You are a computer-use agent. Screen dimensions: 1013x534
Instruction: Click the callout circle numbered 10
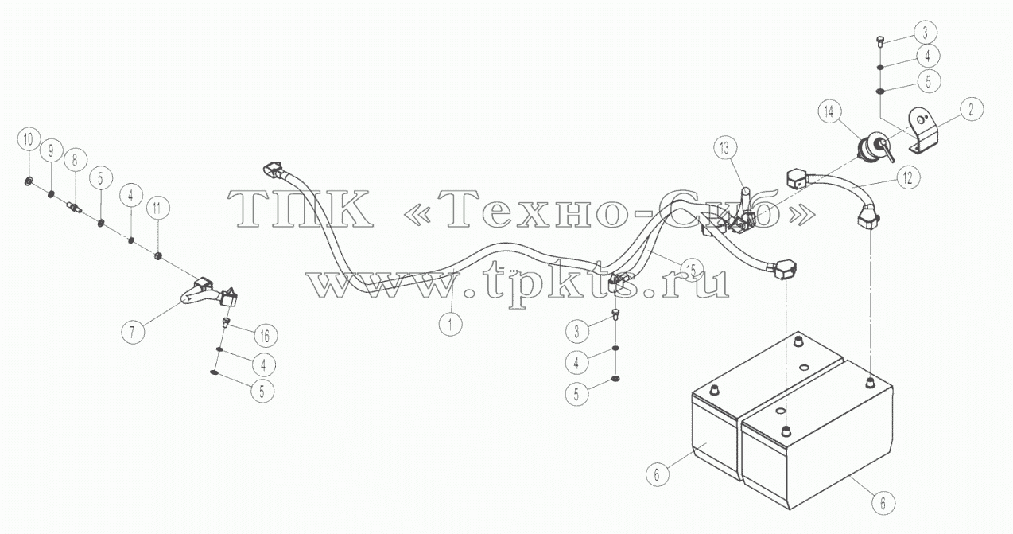(29, 139)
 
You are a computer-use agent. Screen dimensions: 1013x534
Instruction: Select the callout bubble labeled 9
(51, 150)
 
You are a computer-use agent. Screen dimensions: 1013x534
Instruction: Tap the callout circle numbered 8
(75, 160)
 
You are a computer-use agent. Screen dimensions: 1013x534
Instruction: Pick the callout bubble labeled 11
(157, 209)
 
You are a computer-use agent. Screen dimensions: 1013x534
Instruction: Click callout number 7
(133, 332)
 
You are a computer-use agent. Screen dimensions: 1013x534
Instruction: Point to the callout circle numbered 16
(265, 336)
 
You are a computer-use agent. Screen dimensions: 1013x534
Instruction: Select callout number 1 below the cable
(450, 324)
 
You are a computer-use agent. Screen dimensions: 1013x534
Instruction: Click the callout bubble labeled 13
(725, 148)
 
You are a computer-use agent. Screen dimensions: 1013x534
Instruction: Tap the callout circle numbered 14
(829, 111)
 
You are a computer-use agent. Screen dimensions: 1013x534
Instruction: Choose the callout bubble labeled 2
(972, 109)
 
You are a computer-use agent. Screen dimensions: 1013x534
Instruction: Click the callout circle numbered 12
(908, 177)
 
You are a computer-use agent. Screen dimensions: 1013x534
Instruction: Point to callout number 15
(692, 270)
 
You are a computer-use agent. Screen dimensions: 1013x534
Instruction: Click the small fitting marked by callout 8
(74, 208)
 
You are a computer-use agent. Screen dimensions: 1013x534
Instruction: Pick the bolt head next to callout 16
(226, 322)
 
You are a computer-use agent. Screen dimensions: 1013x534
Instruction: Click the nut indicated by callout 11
(157, 256)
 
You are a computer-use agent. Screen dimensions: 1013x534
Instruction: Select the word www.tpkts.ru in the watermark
(518, 283)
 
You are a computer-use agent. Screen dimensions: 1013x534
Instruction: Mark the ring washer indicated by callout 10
(29, 182)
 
